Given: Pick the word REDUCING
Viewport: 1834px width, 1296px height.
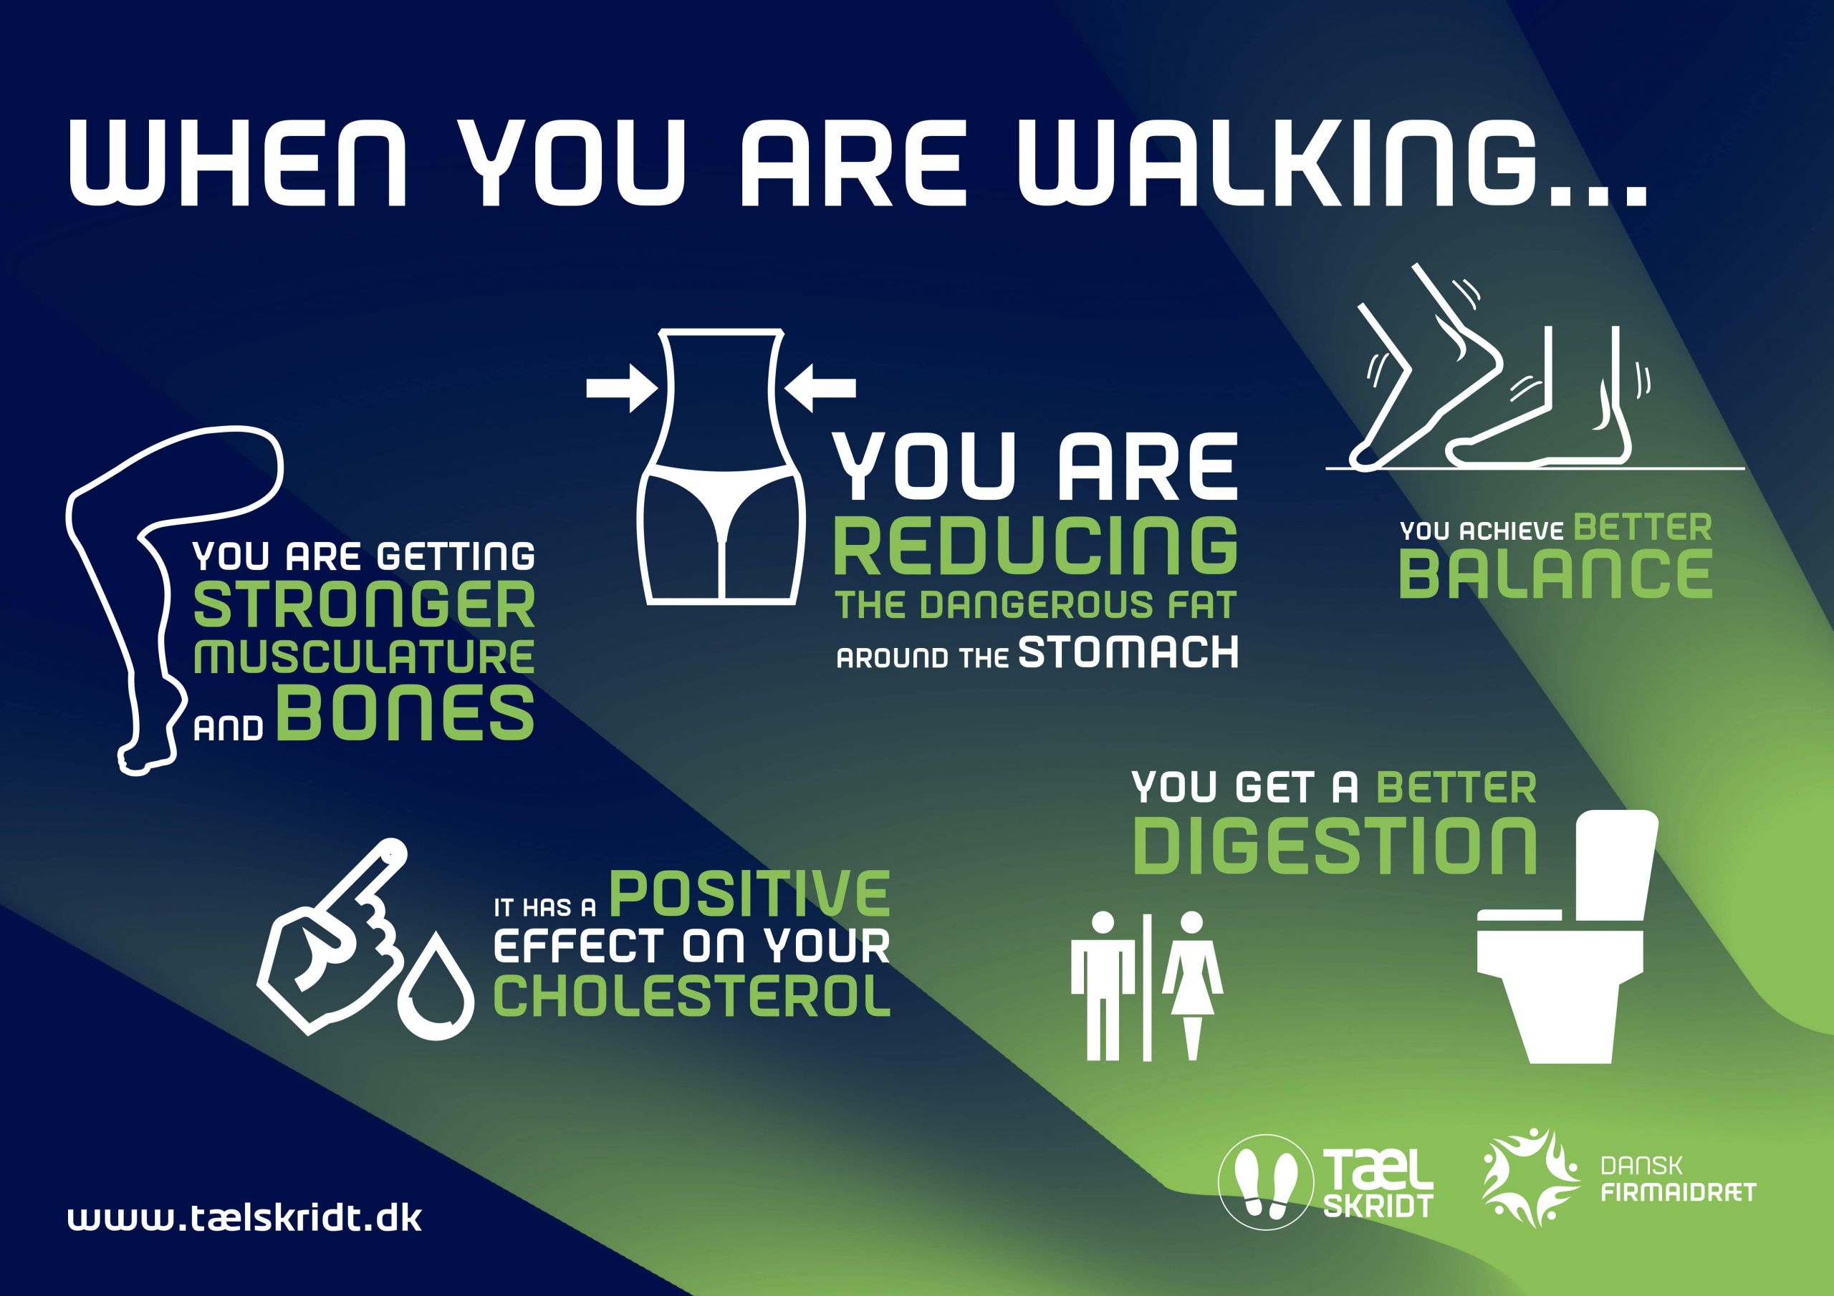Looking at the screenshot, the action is click(1035, 547).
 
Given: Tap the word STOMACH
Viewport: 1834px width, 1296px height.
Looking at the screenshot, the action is click(1128, 652).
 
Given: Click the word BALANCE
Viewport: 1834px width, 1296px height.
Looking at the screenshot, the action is click(1555, 574).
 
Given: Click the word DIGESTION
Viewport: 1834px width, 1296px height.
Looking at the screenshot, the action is click(1335, 846).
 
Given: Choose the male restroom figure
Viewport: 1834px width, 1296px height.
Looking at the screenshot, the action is click(1103, 985).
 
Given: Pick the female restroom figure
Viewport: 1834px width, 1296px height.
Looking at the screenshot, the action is click(1192, 985).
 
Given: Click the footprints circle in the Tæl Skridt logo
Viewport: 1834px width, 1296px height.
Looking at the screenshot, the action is click(1265, 1182).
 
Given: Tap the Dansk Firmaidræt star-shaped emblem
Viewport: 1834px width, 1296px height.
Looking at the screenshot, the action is click(1531, 1178).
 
